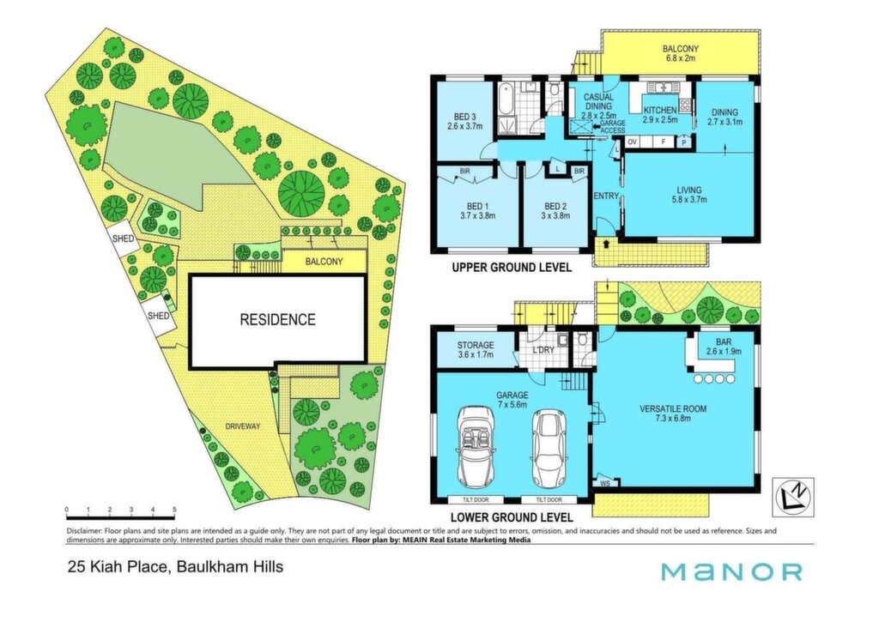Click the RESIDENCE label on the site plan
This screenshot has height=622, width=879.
(277, 319)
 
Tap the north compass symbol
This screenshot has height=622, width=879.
(793, 497)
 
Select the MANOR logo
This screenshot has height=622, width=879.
(731, 571)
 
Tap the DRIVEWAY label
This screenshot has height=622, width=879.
(243, 426)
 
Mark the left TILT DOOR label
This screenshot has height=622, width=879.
(476, 500)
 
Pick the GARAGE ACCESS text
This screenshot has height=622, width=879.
(612, 127)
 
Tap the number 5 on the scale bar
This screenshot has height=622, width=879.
(174, 510)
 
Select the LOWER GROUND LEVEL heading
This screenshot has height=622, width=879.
(512, 517)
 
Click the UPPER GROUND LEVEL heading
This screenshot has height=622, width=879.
(512, 268)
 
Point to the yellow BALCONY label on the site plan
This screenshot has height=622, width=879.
(324, 262)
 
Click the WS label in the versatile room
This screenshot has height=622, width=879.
(605, 482)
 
